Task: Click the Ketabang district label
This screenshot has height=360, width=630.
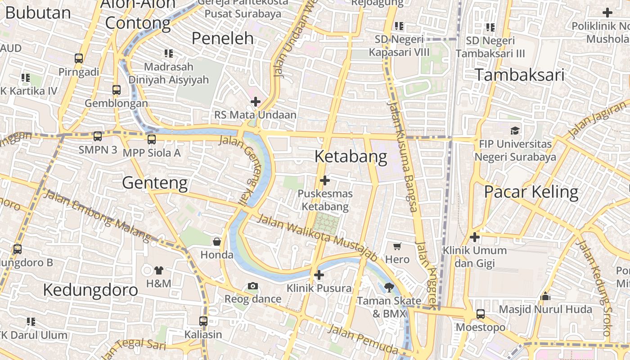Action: tap(351, 157)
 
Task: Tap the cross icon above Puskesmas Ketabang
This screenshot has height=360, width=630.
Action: tap(324, 181)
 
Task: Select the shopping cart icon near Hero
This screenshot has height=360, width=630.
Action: tap(397, 246)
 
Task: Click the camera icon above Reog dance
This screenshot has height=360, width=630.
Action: tap(253, 286)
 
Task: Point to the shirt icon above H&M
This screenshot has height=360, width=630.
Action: tap(159, 270)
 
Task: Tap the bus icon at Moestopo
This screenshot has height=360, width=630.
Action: tap(481, 314)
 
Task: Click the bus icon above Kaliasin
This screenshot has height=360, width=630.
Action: tap(203, 321)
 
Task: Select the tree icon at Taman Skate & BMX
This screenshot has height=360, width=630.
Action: tap(389, 287)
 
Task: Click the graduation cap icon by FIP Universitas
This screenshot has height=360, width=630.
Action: tap(515, 130)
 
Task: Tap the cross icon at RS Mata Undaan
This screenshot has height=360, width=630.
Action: tap(256, 102)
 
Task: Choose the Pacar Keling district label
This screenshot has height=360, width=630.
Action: tap(531, 192)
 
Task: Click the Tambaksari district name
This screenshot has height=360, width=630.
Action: tap(519, 75)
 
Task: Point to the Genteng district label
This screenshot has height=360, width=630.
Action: tap(155, 183)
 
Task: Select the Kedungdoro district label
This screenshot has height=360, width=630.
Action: tap(90, 290)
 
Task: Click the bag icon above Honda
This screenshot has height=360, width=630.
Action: tap(217, 242)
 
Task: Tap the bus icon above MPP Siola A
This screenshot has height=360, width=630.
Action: tap(152, 139)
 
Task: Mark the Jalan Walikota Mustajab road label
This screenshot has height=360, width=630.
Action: tap(317, 237)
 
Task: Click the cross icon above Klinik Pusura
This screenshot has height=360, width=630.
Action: tap(319, 274)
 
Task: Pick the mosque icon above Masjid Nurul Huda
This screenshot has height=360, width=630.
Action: tap(545, 296)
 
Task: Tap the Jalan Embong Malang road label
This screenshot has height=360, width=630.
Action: tap(97, 214)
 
